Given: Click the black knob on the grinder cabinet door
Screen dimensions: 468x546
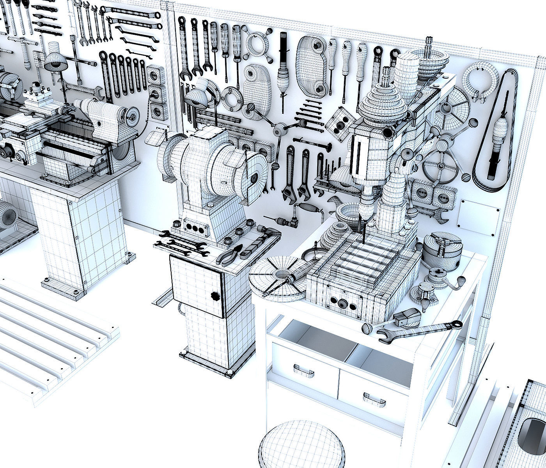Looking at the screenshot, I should (214, 295).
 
